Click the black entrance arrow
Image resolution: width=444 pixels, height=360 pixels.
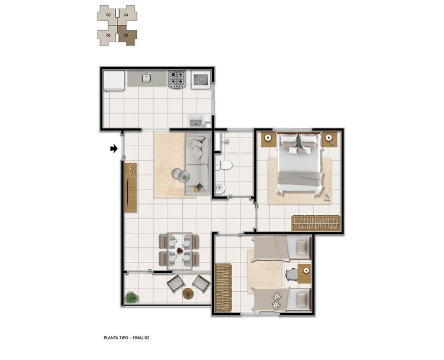point(114,149)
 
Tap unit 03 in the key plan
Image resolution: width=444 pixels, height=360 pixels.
point(108,14)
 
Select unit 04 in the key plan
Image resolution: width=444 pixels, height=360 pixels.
point(127,14)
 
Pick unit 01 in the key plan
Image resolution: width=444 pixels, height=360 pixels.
point(108,35)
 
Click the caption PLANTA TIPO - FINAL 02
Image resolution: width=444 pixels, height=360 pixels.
point(126,337)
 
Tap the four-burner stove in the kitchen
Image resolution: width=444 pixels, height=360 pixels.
point(177,79)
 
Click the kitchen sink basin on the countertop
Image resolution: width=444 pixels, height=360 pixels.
point(146,78)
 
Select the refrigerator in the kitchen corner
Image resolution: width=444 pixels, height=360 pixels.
point(114,81)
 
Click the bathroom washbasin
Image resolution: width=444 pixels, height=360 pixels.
point(220,188)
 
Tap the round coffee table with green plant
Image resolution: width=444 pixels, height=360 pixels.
point(181,176)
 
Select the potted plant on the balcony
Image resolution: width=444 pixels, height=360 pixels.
point(132,298)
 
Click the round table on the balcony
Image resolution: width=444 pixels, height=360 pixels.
point(187,294)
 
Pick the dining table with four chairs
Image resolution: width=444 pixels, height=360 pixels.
point(180,251)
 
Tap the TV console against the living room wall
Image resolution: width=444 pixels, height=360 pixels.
point(131,188)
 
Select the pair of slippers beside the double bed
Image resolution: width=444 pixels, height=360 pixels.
point(327,198)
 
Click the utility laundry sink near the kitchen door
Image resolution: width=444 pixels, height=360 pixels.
point(196,121)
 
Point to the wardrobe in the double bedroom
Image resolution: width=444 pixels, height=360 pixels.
point(316,223)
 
